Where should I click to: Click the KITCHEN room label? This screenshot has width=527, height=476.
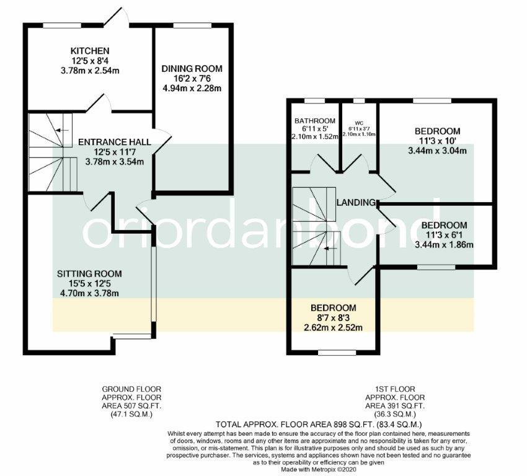[x=90, y=51]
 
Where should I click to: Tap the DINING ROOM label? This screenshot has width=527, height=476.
[x=192, y=68]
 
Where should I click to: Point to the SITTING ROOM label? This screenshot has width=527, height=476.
[x=89, y=273]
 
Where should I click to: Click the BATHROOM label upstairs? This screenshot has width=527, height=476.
[x=314, y=120]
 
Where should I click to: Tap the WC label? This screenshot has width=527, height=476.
[x=358, y=122]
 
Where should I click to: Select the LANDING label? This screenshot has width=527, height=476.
[x=356, y=203]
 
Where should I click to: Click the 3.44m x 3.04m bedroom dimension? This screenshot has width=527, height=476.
[x=437, y=151]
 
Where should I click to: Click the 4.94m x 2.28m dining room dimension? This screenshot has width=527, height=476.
[x=192, y=88]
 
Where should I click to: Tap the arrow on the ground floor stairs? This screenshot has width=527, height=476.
[x=60, y=130]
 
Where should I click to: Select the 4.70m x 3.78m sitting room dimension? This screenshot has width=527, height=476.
[x=89, y=293]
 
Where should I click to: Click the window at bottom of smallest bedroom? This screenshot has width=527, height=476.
[x=333, y=353]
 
